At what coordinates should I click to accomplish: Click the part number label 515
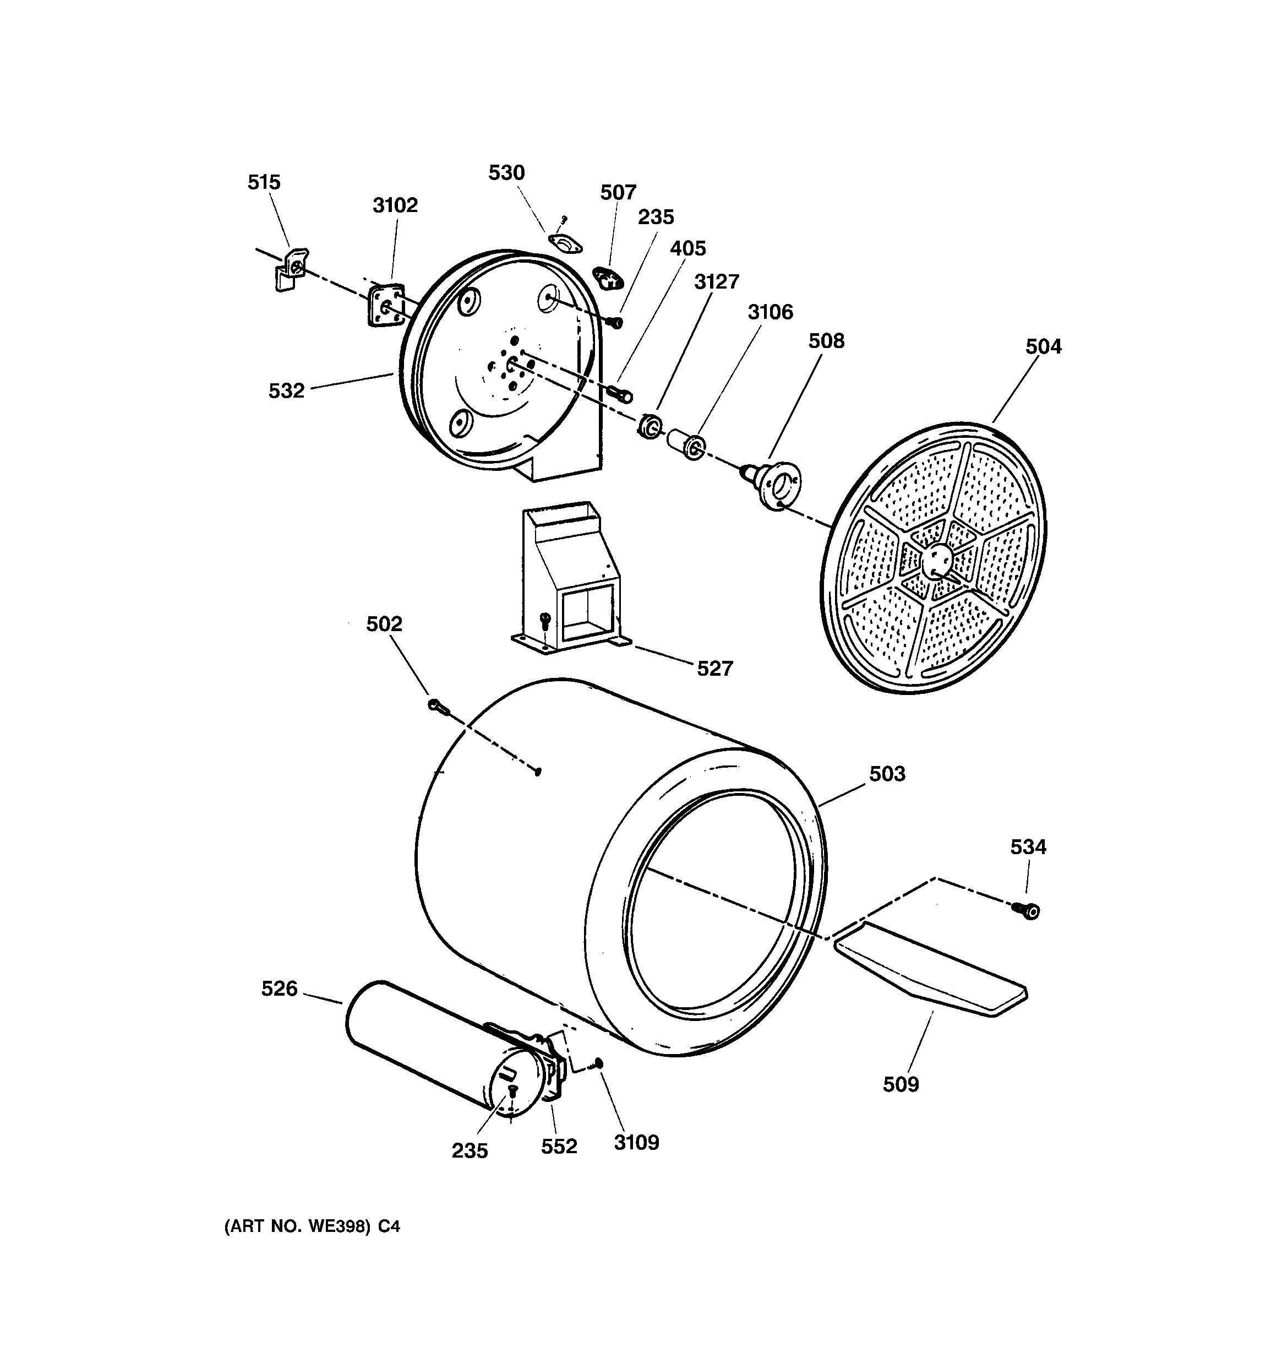[x=264, y=182]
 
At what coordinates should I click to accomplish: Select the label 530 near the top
[x=506, y=173]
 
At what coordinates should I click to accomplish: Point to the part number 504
[x=1043, y=347]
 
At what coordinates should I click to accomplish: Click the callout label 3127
[x=716, y=282]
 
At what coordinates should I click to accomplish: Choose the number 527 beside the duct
[x=715, y=669]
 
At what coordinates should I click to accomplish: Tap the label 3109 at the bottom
[x=636, y=1142]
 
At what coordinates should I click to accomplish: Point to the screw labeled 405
[x=620, y=394]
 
